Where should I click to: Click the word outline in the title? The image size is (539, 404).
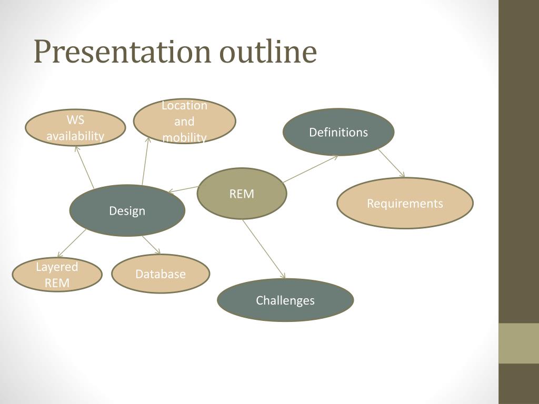[x=268, y=53]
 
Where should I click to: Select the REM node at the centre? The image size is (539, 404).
[x=242, y=194]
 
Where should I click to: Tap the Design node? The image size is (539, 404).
[x=127, y=211]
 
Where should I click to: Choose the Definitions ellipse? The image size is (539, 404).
[x=338, y=132]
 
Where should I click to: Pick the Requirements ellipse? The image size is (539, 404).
[x=405, y=203]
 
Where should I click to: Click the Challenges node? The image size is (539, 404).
[x=285, y=300]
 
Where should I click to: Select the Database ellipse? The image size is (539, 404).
[x=161, y=274]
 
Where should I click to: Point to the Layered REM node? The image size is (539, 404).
[x=57, y=275]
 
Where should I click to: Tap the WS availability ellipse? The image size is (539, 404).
[x=75, y=128]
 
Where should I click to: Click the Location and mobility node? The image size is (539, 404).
[x=184, y=122]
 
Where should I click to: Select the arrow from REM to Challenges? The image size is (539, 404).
[x=263, y=248]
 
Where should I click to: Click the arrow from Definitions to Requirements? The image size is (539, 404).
[x=391, y=163]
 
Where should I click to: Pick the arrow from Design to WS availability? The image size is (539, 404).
[x=85, y=167]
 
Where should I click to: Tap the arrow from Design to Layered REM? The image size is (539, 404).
[x=72, y=243]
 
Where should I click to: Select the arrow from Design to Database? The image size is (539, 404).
[x=151, y=245]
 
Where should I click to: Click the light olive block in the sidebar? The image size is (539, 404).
[x=518, y=343]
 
